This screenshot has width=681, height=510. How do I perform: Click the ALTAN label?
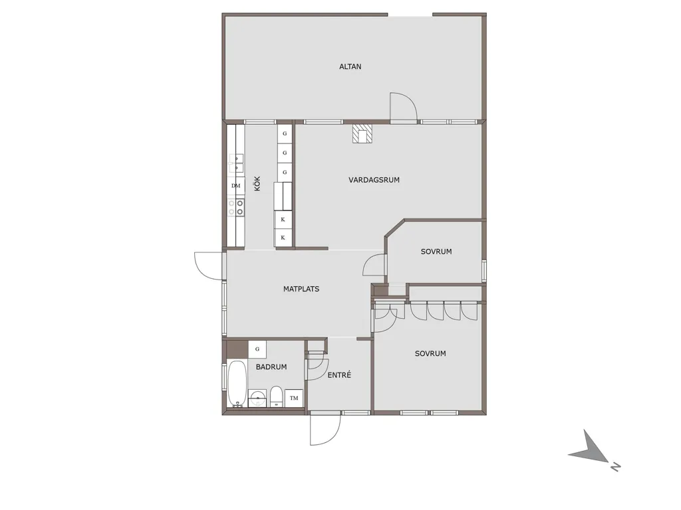350,66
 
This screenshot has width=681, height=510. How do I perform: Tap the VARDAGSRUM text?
374,179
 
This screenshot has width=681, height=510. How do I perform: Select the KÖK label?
257,183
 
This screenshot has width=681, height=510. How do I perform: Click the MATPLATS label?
301,289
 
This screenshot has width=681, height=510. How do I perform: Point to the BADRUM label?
271,367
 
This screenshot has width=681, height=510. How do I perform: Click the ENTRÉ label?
339,375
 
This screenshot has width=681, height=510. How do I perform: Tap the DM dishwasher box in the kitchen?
236,186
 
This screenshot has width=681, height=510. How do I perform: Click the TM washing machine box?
294,398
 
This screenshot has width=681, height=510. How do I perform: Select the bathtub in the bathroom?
237,384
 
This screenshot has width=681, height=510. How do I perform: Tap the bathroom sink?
258,398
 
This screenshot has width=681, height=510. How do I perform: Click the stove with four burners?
236,207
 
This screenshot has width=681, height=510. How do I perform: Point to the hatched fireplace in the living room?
362,134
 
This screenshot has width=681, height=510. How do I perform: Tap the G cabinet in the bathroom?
257,349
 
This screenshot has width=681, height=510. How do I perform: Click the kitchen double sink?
236,164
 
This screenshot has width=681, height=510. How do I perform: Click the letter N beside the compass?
615,467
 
